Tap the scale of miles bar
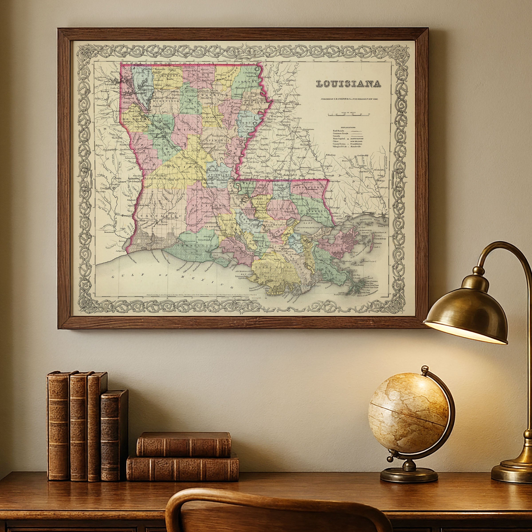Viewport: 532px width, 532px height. tap(348, 115)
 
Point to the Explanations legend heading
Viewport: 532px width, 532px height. tap(348, 127)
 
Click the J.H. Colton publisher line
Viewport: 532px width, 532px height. tap(349, 99)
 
